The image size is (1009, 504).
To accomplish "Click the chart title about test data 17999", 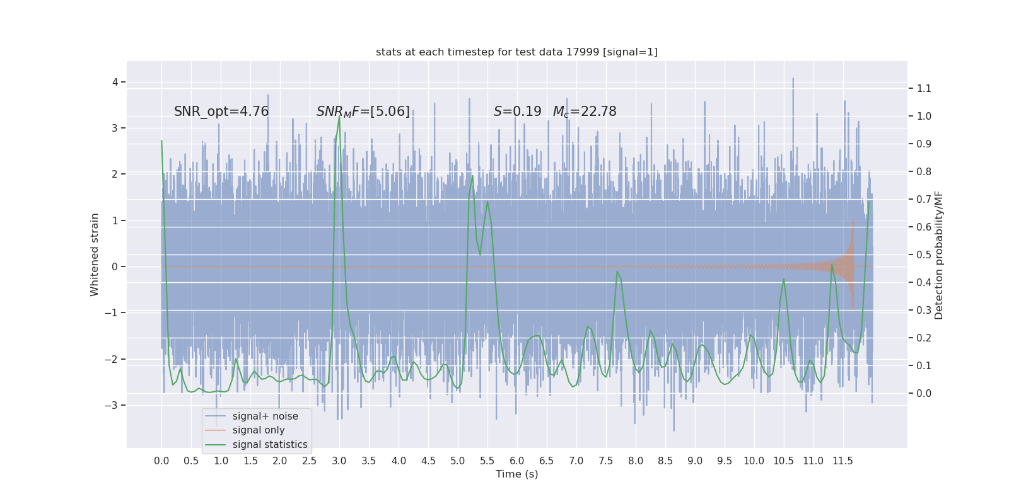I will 516,52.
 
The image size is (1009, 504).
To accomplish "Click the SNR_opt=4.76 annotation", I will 221,112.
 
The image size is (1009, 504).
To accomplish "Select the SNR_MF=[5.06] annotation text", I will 363,112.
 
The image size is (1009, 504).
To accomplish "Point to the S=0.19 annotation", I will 517,112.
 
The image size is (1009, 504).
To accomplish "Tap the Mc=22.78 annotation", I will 585,112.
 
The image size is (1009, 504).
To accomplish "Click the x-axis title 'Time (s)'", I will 516,474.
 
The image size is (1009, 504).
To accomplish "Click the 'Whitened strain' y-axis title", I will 95,255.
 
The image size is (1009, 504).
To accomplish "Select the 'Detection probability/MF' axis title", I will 939,255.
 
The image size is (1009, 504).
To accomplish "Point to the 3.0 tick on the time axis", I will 339,461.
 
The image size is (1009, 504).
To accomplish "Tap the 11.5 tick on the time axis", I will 843,461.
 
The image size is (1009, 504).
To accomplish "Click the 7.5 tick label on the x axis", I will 605,461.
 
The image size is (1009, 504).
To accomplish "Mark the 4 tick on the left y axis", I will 115,82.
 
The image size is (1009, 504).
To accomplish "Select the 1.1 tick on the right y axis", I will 924,88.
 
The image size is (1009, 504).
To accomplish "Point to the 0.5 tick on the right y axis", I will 924,255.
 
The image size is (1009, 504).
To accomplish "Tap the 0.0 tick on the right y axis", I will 924,393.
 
